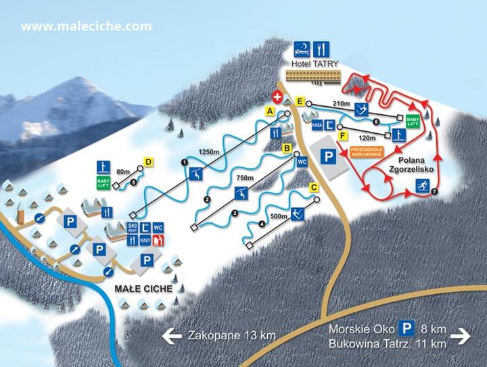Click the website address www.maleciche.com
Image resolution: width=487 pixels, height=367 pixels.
coord(86,27)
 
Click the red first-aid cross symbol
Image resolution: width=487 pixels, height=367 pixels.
coord(277,97)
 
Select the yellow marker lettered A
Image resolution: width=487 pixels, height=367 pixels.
coord(270,110)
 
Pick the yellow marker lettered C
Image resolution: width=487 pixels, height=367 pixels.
coord(314,187)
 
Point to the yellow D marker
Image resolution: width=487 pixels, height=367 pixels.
coord(149,162)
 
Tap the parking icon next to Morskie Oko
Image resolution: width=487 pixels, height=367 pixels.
coord(405,328)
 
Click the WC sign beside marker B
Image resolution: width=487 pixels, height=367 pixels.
coord(302,162)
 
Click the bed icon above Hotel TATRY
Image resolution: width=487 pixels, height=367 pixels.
coord(302,48)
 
